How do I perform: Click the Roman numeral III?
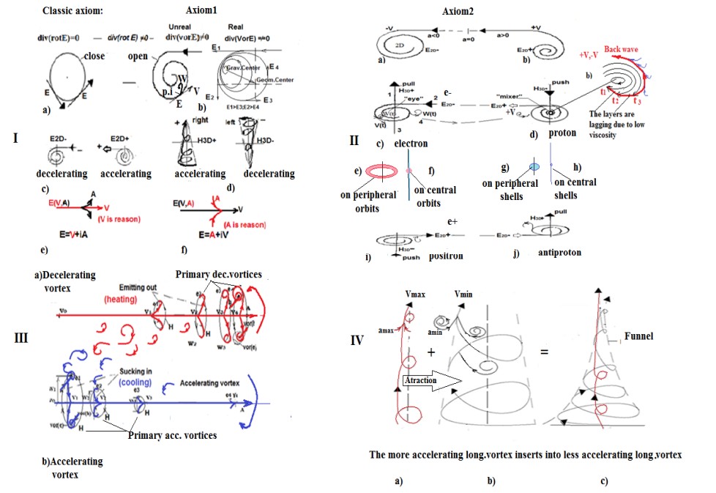23,338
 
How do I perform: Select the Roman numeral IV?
357,340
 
